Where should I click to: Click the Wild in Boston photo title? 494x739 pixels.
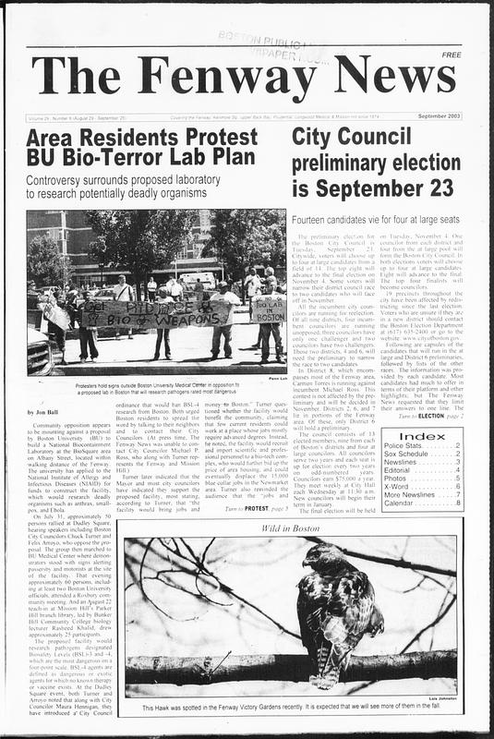289,527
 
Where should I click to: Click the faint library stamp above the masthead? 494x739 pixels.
262,39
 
